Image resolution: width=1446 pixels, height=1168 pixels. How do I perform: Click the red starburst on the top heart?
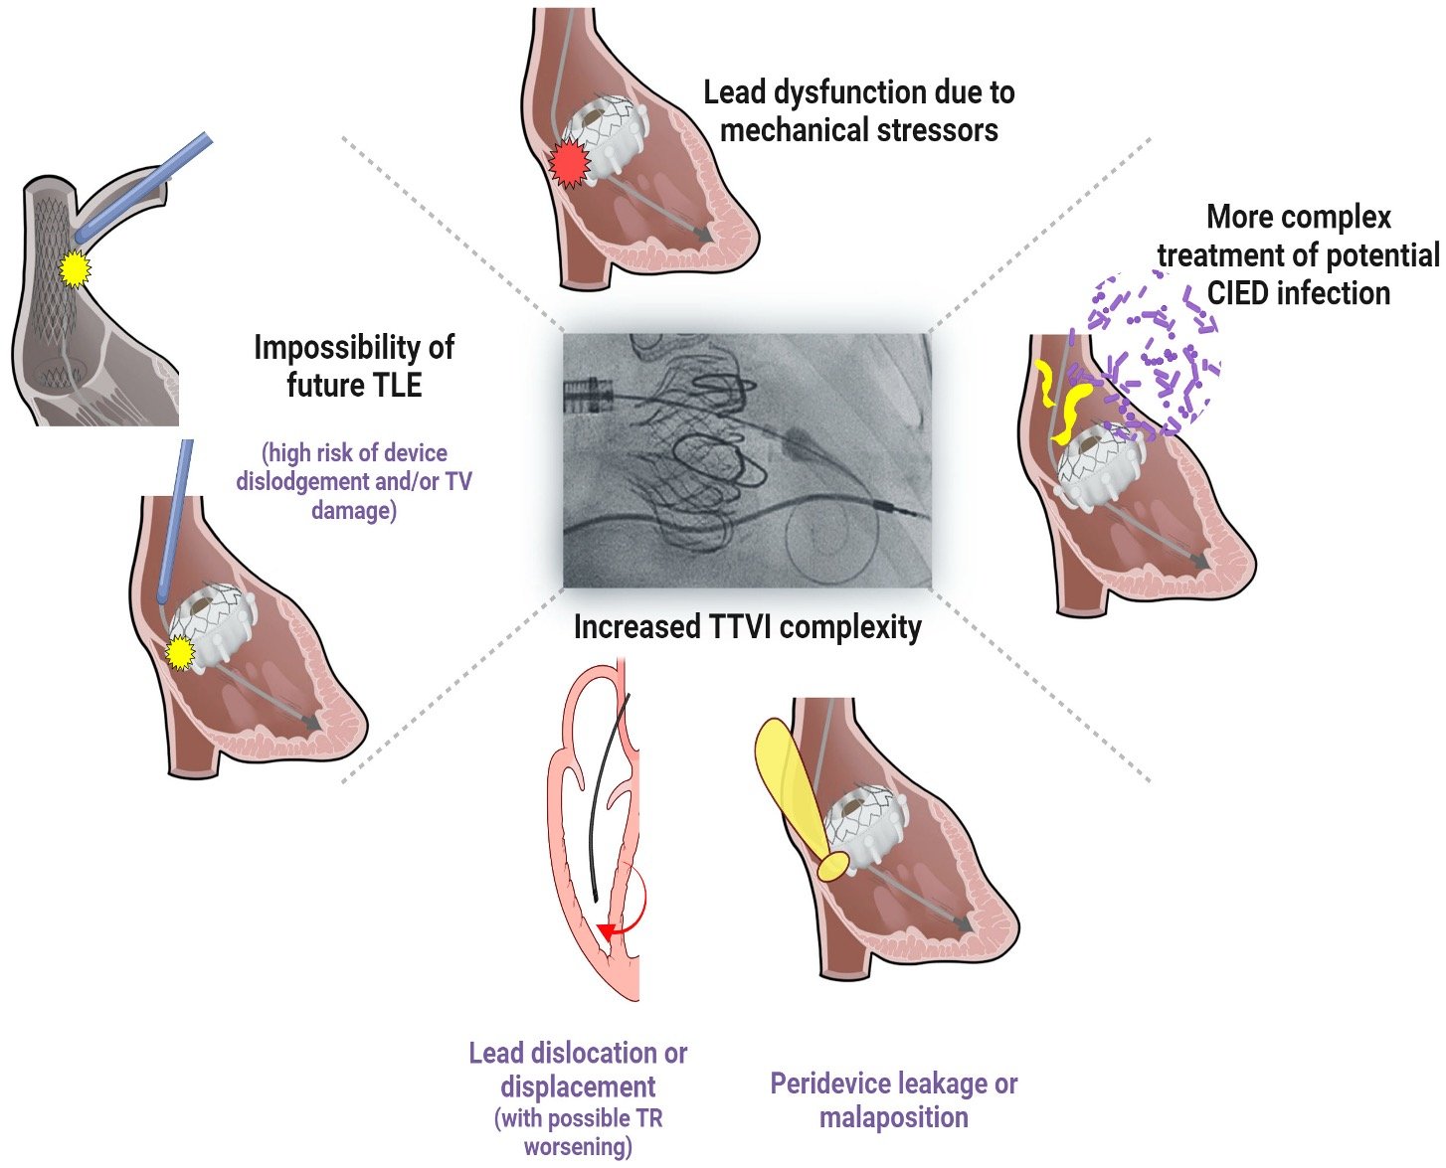pyautogui.click(x=570, y=165)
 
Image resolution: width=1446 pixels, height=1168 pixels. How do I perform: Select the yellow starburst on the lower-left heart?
pyautogui.click(x=179, y=653)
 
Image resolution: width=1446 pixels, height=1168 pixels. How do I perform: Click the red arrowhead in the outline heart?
pyautogui.click(x=603, y=930)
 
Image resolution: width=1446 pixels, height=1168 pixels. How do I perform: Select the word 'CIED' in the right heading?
pyautogui.click(x=1241, y=293)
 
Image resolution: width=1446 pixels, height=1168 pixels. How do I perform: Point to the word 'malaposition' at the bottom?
pyautogui.click(x=893, y=1117)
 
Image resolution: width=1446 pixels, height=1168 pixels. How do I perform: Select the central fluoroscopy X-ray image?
pyautogui.click(x=747, y=460)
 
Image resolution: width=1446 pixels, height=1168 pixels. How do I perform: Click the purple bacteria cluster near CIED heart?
pyautogui.click(x=1159, y=353)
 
